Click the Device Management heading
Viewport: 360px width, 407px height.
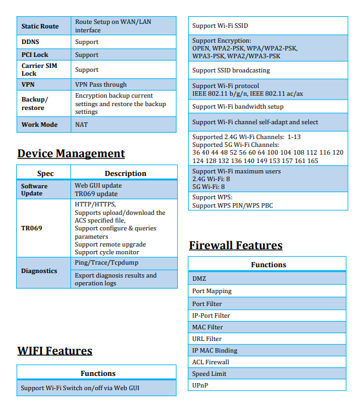coord(71,153)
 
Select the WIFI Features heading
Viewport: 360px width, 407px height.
coord(55,351)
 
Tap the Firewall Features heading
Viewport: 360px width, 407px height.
coord(235,245)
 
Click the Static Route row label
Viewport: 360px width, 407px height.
coord(40,26)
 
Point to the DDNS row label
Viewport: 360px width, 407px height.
coord(30,42)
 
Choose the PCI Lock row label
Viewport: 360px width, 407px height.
coord(35,55)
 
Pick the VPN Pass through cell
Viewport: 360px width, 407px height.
coord(101,85)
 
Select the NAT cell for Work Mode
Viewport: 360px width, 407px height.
coord(81,124)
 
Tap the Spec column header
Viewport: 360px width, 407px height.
coord(45,173)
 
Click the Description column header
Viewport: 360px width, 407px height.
coord(125,173)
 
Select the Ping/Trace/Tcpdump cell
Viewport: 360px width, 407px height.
coord(107,263)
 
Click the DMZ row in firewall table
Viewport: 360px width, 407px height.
coord(200,278)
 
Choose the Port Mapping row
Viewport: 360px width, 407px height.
coord(212,291)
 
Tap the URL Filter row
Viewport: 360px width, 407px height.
coord(207,338)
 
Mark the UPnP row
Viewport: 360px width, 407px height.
coord(200,386)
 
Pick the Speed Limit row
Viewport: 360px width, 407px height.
coord(209,374)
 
